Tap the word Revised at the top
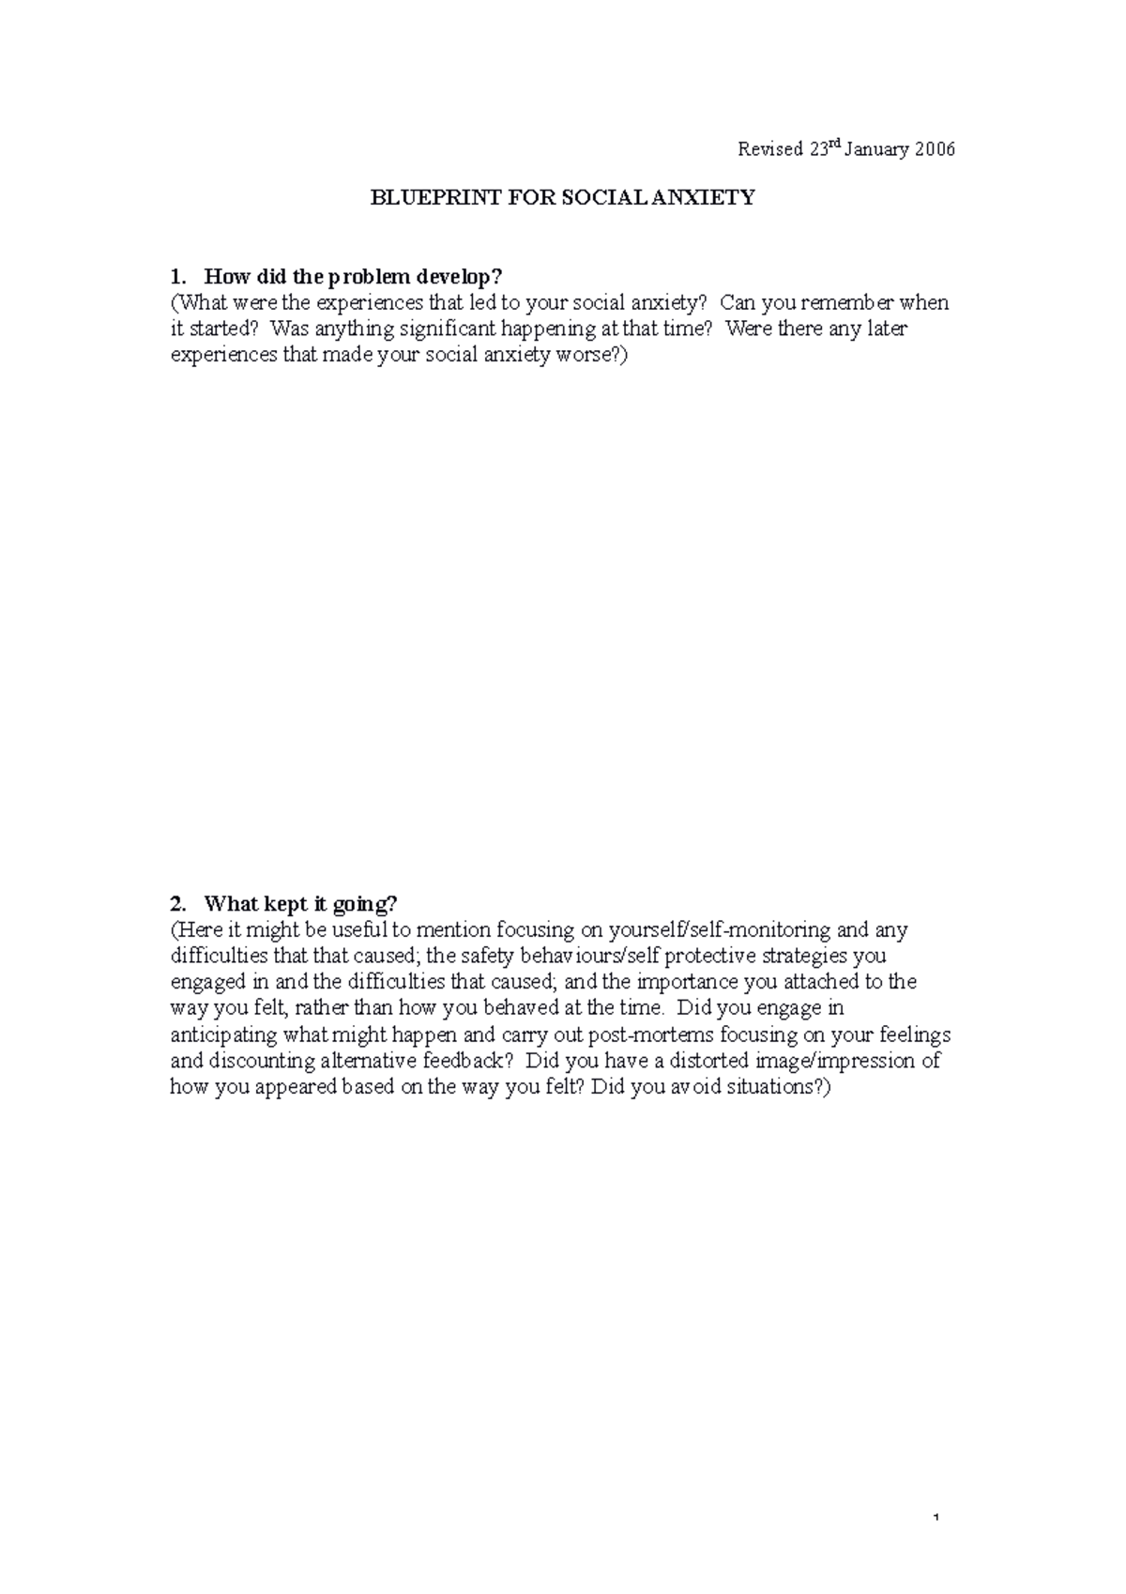point(770,149)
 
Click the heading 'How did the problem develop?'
point(354,277)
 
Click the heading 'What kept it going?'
point(300,904)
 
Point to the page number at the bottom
point(937,1518)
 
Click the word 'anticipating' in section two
point(223,1035)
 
